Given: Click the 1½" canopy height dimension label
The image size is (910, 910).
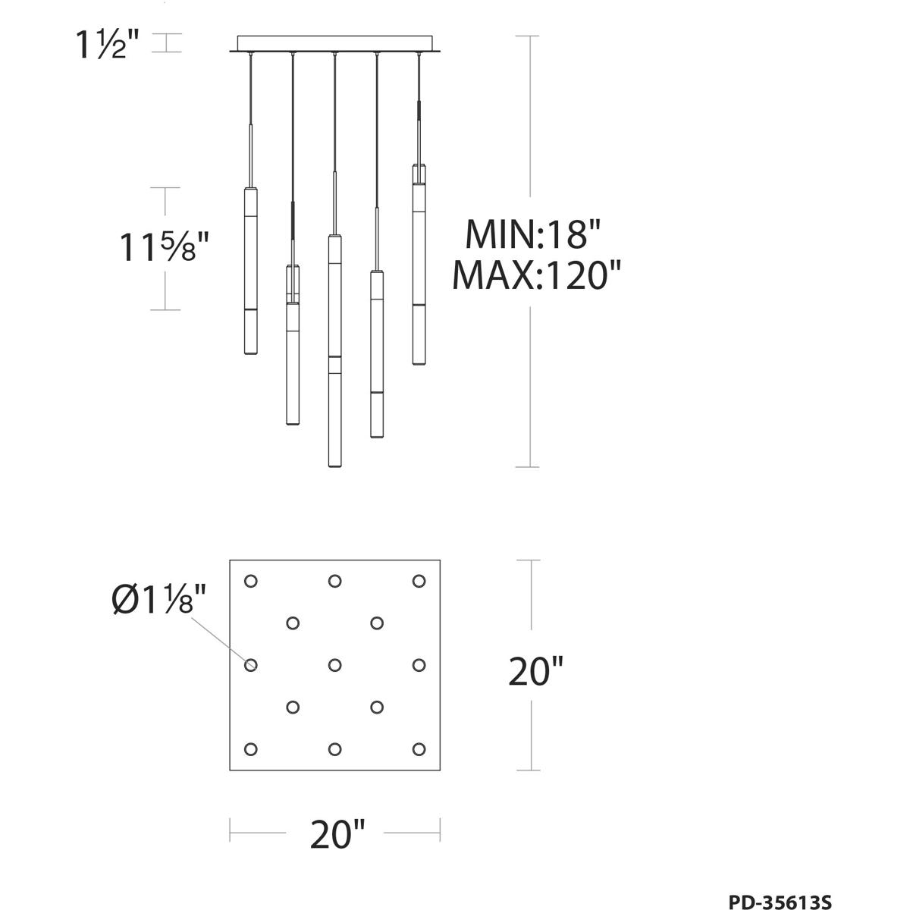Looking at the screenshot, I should (x=107, y=45).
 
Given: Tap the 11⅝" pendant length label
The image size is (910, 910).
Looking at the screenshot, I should (x=163, y=247).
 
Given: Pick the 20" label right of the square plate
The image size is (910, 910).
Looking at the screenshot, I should (x=535, y=671).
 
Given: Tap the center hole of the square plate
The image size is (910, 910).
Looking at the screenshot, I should (x=334, y=665).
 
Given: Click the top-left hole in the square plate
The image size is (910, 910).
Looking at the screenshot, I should (x=250, y=581).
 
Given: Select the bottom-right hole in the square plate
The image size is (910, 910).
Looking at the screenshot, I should (x=418, y=749).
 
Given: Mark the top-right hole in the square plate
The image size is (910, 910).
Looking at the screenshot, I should (x=418, y=581).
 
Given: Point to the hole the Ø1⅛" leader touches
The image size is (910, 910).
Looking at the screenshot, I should (x=250, y=665).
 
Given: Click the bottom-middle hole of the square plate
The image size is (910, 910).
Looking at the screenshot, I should (x=334, y=749).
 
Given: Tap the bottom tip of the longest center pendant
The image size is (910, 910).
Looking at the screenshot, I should (x=334, y=464).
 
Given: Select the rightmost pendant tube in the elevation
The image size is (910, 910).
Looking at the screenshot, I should (x=418, y=265).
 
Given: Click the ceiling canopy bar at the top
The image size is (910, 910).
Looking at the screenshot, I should (x=334, y=44).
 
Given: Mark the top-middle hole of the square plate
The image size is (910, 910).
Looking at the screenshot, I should (x=334, y=581).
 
